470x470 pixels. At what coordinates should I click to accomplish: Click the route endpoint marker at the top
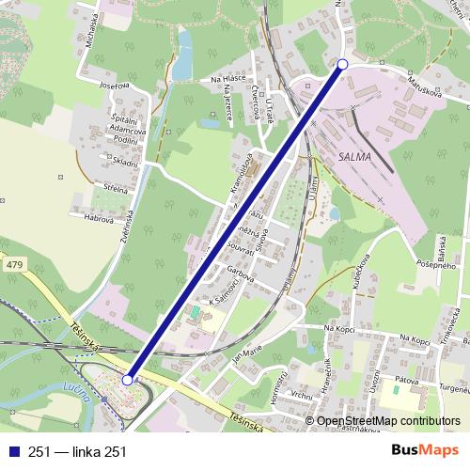(342, 64)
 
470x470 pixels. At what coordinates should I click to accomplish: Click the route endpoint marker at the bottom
(128, 381)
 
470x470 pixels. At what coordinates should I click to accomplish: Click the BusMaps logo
(425, 451)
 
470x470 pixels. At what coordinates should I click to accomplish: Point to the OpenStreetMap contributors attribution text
(388, 421)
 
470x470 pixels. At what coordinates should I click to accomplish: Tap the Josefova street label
(113, 86)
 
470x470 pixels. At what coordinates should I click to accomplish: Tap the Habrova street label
(99, 218)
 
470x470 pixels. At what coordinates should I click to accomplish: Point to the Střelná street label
(117, 190)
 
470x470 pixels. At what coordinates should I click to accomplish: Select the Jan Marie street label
(246, 356)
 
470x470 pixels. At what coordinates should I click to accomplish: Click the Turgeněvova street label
(449, 390)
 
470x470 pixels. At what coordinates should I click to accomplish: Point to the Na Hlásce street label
(227, 80)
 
